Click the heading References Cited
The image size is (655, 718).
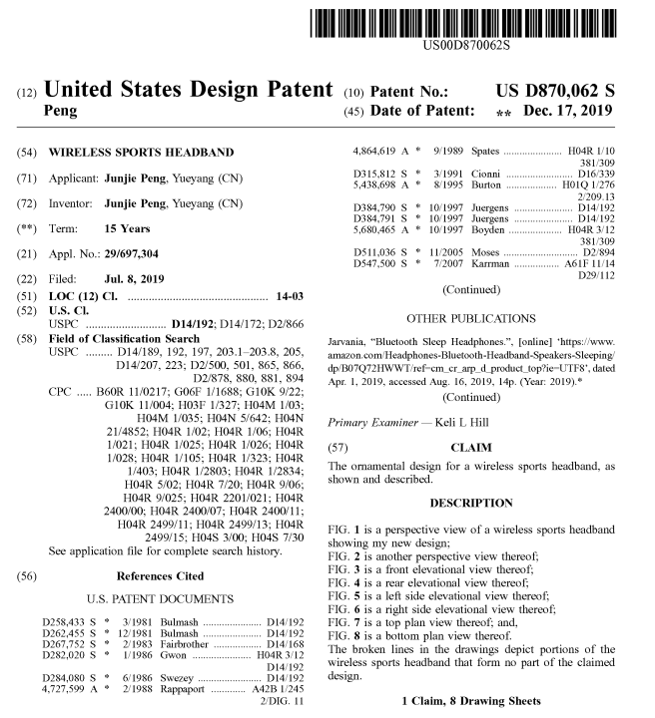click(160, 575)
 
